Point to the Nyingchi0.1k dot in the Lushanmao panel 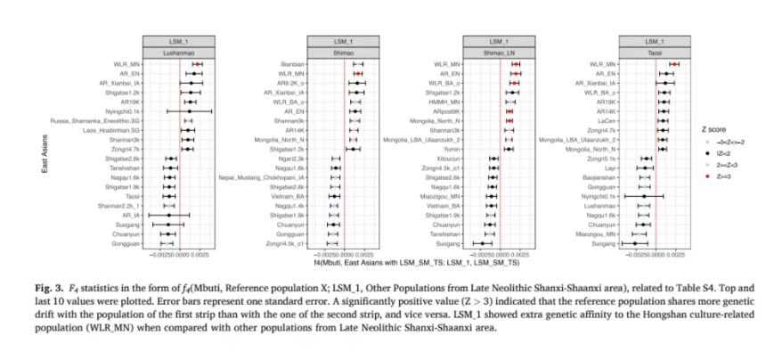(x=188, y=111)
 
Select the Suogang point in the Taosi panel (x=634, y=242)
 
